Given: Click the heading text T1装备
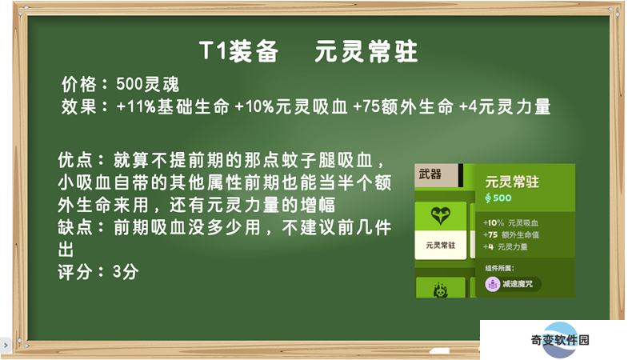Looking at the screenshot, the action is point(238,51).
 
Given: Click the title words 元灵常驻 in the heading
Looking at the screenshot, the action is point(366,51).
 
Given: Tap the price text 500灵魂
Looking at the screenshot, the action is point(147,84).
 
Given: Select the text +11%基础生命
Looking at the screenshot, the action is point(173,106).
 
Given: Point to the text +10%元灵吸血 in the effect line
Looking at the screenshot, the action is point(291,106).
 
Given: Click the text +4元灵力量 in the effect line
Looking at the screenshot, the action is point(505,106).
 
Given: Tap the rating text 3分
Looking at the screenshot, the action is point(126,271).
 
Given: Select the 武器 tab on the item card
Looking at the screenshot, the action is point(430,174).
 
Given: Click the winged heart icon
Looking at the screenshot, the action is point(441,215).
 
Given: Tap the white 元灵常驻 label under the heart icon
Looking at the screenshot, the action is point(441,246).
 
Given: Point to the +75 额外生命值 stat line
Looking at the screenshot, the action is point(511,234).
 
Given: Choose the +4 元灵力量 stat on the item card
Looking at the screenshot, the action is point(506,246).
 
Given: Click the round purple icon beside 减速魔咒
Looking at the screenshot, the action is point(493,284).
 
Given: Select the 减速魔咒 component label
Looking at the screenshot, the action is point(518,284).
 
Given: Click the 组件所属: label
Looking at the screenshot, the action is point(499,268).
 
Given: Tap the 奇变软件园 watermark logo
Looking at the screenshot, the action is point(560,339).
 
